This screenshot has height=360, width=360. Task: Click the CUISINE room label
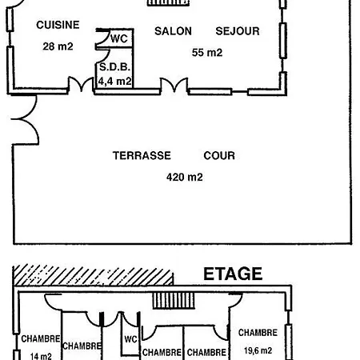click(58, 25)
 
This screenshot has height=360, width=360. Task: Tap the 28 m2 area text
click(58, 46)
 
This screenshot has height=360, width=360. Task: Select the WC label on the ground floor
click(119, 39)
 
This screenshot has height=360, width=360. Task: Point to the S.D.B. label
click(114, 67)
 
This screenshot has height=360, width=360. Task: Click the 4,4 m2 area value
click(115, 81)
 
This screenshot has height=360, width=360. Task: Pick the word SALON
click(173, 31)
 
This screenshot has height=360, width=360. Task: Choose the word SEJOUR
click(238, 31)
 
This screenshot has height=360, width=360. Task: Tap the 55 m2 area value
click(207, 53)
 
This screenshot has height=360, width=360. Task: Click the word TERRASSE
click(142, 155)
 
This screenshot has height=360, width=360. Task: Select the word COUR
click(219, 155)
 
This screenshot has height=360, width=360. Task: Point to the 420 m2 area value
click(185, 177)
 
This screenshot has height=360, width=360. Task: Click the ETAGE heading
click(233, 274)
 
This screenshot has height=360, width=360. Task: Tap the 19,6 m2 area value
click(258, 350)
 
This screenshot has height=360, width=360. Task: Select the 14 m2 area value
click(41, 356)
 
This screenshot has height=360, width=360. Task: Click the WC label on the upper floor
click(130, 339)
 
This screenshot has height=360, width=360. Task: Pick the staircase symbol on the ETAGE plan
click(174, 301)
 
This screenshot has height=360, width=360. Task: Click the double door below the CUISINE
click(82, 85)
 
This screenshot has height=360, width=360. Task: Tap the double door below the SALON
click(174, 85)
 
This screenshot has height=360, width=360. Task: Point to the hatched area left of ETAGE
click(94, 275)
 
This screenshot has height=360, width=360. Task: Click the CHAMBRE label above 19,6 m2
click(258, 333)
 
